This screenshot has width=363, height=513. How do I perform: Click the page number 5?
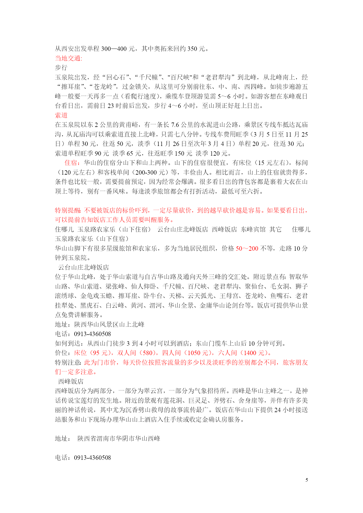307,480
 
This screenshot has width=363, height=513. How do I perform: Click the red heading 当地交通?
69,58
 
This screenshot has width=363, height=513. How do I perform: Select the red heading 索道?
61,115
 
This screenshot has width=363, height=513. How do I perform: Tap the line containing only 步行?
61,68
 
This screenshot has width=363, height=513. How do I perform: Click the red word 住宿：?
74,163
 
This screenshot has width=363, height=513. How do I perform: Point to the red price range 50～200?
247,249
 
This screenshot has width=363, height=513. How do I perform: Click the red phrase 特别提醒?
68,210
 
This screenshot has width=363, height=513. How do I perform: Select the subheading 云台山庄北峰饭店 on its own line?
84,267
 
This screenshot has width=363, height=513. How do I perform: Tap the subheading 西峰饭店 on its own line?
71,381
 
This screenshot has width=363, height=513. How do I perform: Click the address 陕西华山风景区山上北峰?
109,324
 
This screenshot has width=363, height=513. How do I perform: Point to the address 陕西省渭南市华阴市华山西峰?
119,438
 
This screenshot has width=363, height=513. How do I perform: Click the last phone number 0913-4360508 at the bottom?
92,458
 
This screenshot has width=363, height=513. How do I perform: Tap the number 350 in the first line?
192,49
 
